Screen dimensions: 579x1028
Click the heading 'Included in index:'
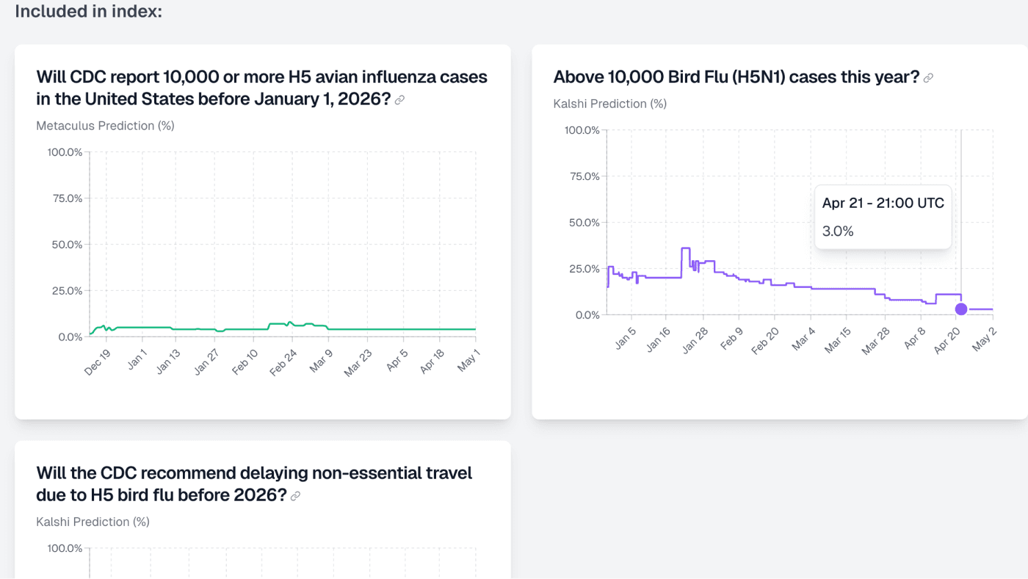88,12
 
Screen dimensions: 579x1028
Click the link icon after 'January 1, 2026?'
399,100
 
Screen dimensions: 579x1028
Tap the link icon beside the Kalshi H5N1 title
928,78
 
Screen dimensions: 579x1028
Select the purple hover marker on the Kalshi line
960,309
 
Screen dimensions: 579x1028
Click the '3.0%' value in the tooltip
838,231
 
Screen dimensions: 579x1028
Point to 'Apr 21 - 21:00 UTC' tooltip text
883,203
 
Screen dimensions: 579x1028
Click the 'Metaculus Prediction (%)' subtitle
105,126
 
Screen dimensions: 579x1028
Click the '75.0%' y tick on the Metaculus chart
65,198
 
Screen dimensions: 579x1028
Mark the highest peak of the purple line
685,248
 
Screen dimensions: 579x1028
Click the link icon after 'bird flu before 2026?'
295,496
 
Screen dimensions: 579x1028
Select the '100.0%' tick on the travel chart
65,548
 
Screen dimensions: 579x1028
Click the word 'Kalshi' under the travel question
53,522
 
